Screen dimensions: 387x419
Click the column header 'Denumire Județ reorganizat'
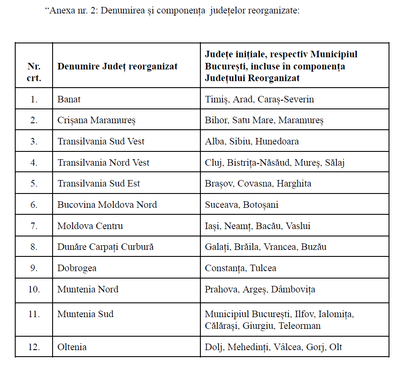pyautogui.click(x=117, y=66)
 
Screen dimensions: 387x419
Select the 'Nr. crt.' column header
pyautogui.click(x=34, y=72)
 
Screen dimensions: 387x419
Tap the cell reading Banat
pyautogui.click(x=69, y=99)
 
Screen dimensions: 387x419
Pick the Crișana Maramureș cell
pyautogui.click(x=96, y=120)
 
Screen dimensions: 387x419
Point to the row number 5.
pyautogui.click(x=34, y=184)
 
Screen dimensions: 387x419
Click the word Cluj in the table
pyautogui.click(x=213, y=163)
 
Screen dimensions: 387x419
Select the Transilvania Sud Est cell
pyautogui.click(x=99, y=184)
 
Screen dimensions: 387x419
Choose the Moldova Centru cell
pyautogui.click(x=90, y=226)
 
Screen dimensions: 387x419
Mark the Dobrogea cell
pyautogui.click(x=77, y=268)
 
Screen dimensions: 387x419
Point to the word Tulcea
pyautogui.click(x=263, y=268)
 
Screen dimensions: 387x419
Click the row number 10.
pyautogui.click(x=34, y=289)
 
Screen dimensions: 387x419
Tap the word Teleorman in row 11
pyautogui.click(x=299, y=325)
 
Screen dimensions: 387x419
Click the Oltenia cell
pyautogui.click(x=72, y=347)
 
